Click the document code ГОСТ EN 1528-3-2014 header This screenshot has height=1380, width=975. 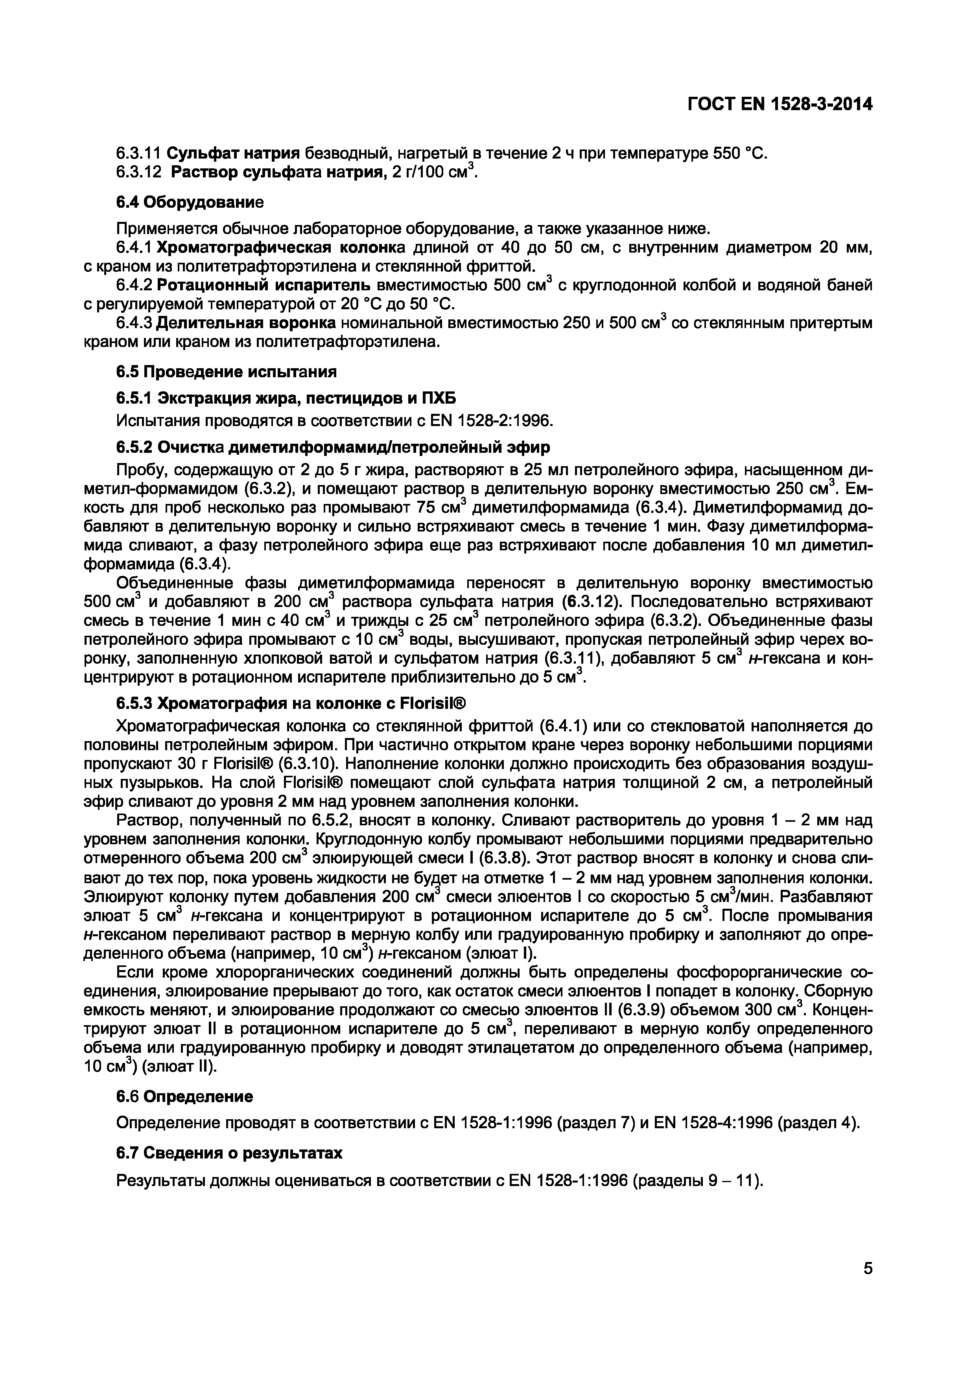point(779,105)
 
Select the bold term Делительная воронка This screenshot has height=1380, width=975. point(246,323)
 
